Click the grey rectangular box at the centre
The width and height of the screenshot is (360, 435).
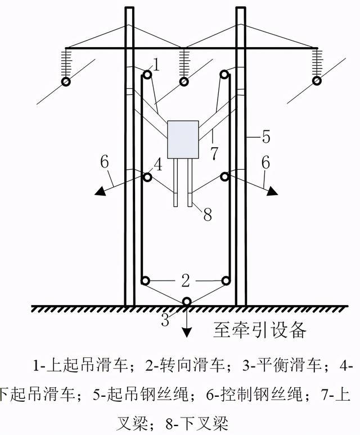click(183, 139)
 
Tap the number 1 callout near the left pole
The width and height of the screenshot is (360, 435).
click(156, 65)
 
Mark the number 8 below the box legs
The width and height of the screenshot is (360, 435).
click(207, 214)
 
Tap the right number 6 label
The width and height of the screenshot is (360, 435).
click(265, 162)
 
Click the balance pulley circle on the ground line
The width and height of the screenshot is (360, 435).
click(186, 302)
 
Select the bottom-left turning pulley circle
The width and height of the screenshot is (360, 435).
click(145, 280)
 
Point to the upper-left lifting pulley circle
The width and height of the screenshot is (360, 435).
click(147, 74)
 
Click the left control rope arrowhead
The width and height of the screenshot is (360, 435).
click(101, 191)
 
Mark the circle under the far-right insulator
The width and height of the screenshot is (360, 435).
click(317, 81)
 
